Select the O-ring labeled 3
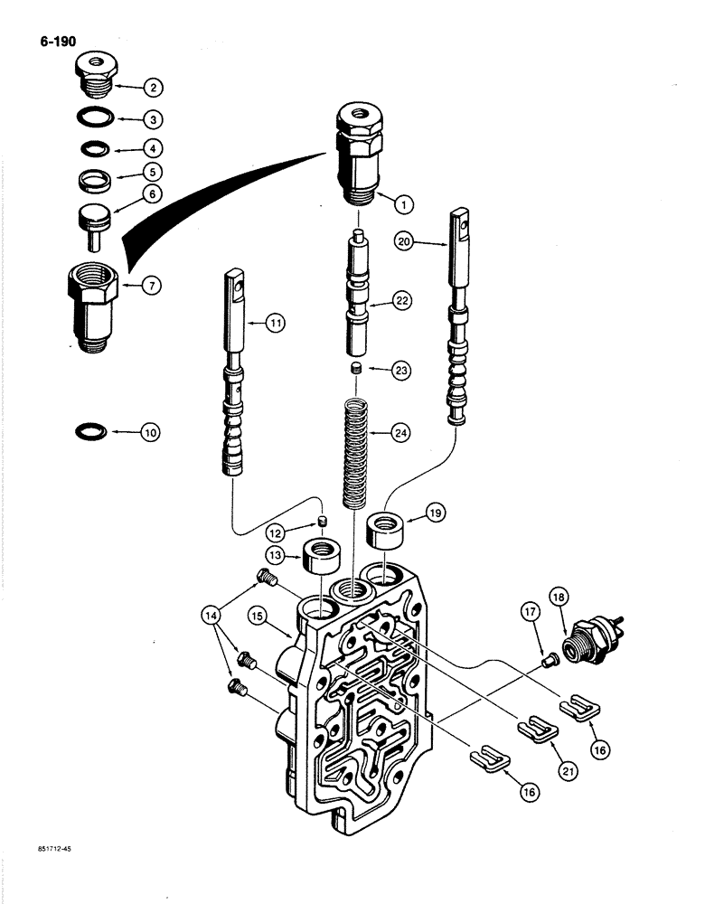click(92, 118)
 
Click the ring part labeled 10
click(91, 432)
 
